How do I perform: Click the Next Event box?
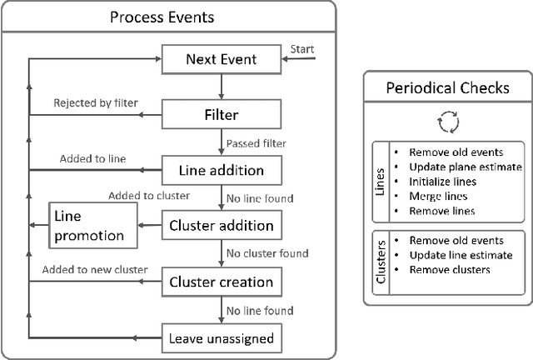221,59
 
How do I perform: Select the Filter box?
221,114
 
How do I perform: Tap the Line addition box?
221,170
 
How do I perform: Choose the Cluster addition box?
221,226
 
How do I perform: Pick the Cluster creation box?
221,282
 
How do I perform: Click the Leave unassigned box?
221,337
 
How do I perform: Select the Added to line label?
92,158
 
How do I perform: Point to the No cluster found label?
268,253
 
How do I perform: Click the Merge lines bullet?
437,196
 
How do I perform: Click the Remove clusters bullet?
449,269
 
